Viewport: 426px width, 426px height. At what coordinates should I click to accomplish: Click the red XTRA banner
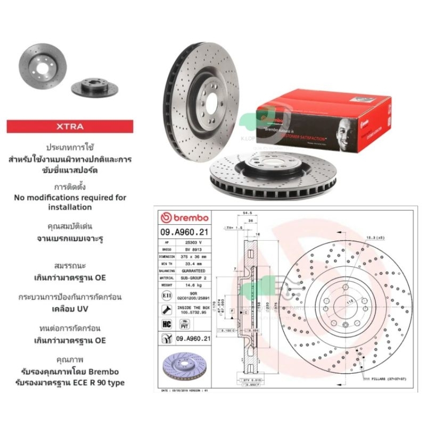pos(79,127)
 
